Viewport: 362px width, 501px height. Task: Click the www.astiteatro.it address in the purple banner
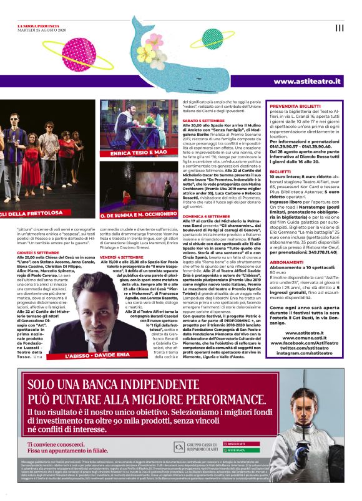308,82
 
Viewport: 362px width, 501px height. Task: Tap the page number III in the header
339,27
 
